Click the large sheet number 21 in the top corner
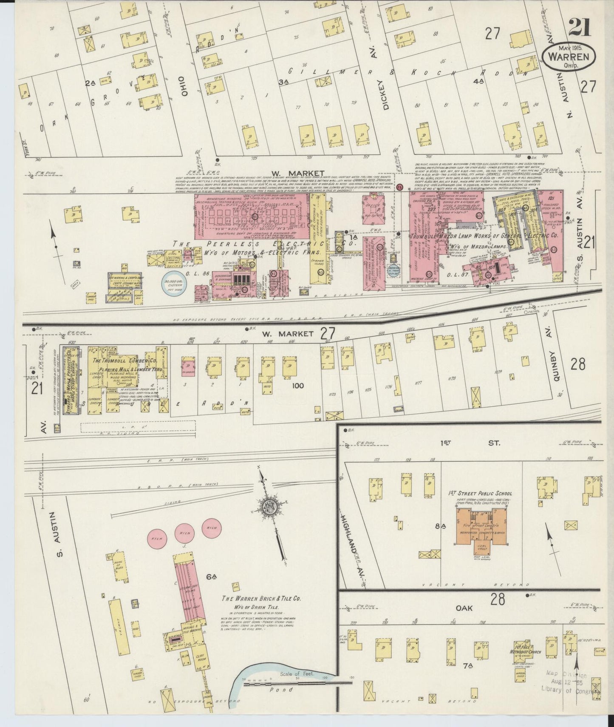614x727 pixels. pyautogui.click(x=579, y=27)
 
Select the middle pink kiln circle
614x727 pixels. pyautogui.click(x=184, y=533)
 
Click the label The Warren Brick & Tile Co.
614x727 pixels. pyautogui.click(x=262, y=598)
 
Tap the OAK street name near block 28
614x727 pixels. pyautogui.click(x=464, y=608)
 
